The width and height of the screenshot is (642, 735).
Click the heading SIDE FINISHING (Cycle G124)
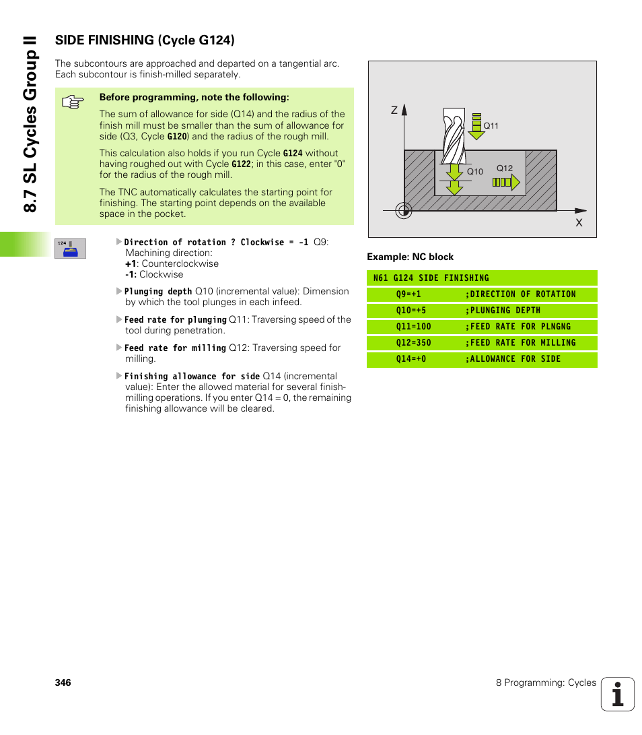click(x=145, y=40)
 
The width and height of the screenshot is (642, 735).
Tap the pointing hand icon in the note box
click(x=73, y=102)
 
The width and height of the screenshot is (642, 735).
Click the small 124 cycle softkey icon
click(x=70, y=249)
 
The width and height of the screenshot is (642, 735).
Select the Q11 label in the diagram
click(x=491, y=126)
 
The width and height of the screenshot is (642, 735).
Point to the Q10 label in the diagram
click(x=475, y=172)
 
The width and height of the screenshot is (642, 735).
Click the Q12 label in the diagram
click(x=505, y=168)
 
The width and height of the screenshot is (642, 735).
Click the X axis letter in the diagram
click(x=578, y=222)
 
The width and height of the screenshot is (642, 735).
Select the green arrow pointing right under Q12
click(x=506, y=183)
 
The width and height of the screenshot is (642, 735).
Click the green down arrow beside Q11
click(x=476, y=126)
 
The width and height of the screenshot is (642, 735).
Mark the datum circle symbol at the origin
click(x=404, y=211)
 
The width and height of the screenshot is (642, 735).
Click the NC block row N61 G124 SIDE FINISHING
click(x=431, y=278)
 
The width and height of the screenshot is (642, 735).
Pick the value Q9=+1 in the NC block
click(x=408, y=294)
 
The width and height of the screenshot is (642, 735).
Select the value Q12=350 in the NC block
click(x=413, y=343)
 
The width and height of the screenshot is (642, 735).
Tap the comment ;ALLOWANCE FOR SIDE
click(x=512, y=359)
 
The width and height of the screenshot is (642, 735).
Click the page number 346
click(x=63, y=682)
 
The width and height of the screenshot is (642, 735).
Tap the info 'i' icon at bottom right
click(x=618, y=694)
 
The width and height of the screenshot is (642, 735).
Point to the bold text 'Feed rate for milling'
click(x=175, y=348)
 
